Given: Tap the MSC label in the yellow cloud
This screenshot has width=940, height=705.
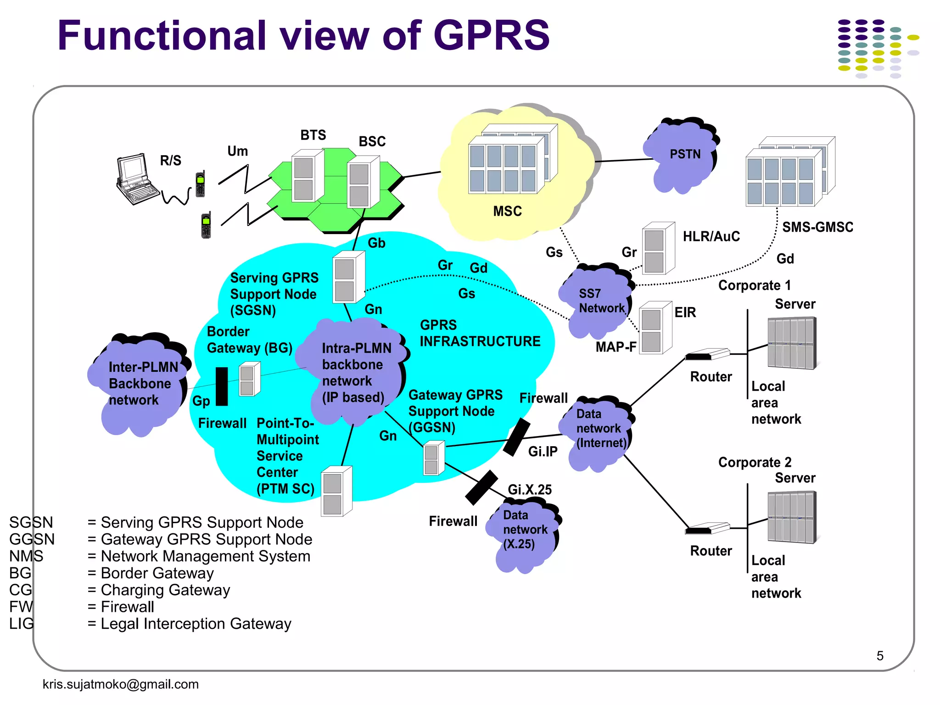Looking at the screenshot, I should click(507, 211).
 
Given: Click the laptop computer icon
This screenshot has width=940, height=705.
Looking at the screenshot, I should click(136, 179).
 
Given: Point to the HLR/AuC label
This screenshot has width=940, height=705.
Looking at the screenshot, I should click(711, 236).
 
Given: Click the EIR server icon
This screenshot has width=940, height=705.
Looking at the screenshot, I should click(655, 328).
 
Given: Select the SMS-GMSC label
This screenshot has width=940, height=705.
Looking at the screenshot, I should click(817, 227).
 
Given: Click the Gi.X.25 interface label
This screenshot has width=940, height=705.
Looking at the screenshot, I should click(530, 490).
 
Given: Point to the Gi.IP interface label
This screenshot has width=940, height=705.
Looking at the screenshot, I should click(543, 452).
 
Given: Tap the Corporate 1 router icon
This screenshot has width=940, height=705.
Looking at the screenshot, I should click(707, 354).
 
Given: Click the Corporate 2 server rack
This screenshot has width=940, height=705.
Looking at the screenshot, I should click(792, 517).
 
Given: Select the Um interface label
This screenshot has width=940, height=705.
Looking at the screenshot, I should click(237, 151).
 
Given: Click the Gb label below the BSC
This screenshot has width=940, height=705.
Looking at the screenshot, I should click(376, 243).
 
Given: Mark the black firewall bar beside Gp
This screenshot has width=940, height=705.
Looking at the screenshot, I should click(222, 386).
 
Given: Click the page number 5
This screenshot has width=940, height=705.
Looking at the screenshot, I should click(879, 656).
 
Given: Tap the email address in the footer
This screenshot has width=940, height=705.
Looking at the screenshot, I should click(120, 684).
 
